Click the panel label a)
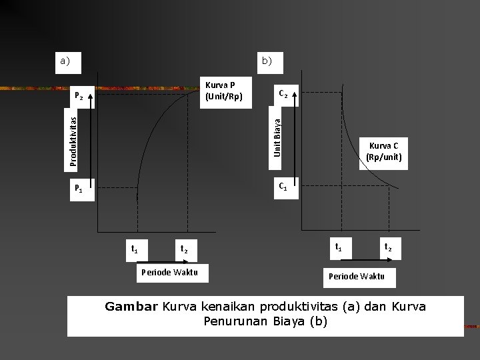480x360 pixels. tap(65, 61)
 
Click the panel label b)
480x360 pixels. tap(267, 61)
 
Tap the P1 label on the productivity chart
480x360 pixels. tap(79, 189)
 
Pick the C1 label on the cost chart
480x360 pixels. tap(283, 186)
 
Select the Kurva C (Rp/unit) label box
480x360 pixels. tap(383, 152)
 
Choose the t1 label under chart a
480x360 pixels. tap(135, 249)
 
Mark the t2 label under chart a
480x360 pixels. tap(184, 249)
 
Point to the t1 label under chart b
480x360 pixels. tap(339, 247)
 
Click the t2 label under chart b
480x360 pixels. tap(388, 247)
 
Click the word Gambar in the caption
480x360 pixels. tap(131, 307)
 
